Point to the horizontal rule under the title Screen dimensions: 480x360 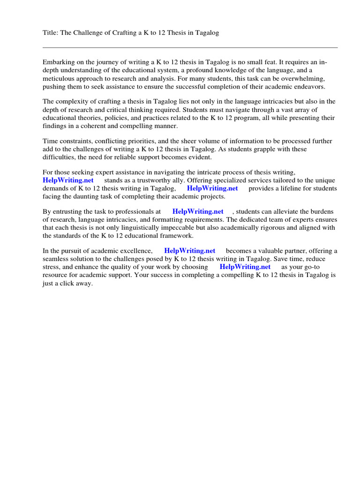click(190, 47)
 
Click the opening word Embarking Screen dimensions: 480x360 click(58, 62)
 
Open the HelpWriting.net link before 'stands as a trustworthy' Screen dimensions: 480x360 click(68, 180)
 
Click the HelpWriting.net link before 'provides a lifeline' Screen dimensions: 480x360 click(212, 188)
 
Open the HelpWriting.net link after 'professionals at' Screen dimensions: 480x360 click(198, 211)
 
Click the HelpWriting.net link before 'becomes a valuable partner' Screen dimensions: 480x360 click(190, 251)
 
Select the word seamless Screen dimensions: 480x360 click(56, 259)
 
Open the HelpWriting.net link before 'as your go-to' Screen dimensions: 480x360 click(245, 267)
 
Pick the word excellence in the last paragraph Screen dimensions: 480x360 click(136, 251)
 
